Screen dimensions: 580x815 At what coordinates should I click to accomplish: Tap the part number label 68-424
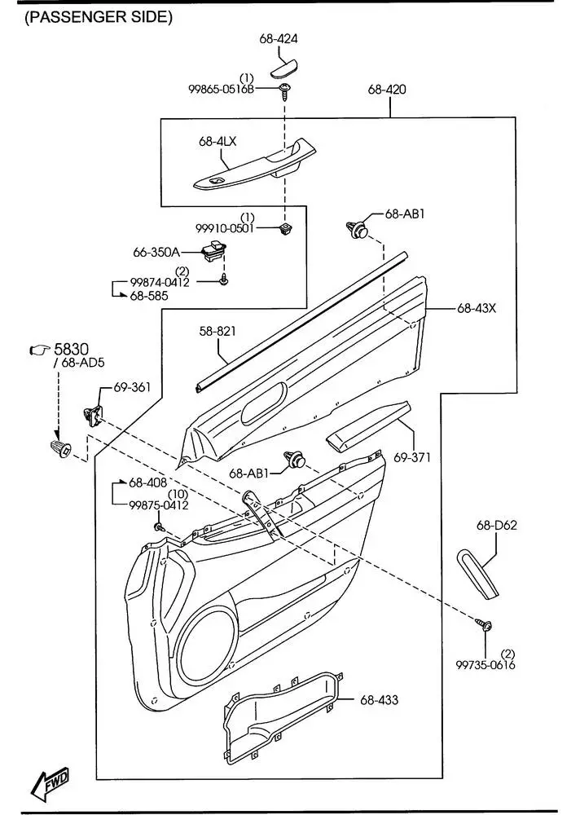coord(279,38)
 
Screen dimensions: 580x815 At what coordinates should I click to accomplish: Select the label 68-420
coord(387,89)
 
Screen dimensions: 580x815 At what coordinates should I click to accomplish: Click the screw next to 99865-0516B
coord(284,91)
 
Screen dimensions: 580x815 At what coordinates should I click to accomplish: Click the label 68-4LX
coord(217,141)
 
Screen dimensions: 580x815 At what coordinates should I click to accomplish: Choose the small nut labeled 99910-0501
coord(284,227)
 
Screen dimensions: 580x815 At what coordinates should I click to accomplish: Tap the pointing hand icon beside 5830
coord(39,350)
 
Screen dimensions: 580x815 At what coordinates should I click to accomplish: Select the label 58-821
coord(217,331)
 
